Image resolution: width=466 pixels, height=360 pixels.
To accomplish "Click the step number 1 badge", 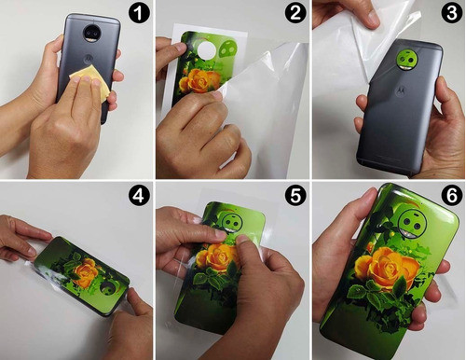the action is pos(139,13).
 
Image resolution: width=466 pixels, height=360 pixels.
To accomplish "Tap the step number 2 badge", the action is pos(295,13).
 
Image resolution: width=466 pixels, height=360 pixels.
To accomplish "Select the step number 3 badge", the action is pos(452,13).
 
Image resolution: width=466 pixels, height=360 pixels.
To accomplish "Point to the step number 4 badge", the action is pos(139,196).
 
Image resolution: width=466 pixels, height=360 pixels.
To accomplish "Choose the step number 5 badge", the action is pos(295,196).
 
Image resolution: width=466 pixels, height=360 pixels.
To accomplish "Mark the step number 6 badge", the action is pos(452,196).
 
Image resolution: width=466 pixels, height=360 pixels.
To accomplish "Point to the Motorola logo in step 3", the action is pos(401,91).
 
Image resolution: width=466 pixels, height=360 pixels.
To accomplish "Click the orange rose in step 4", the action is pos(85,273).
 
